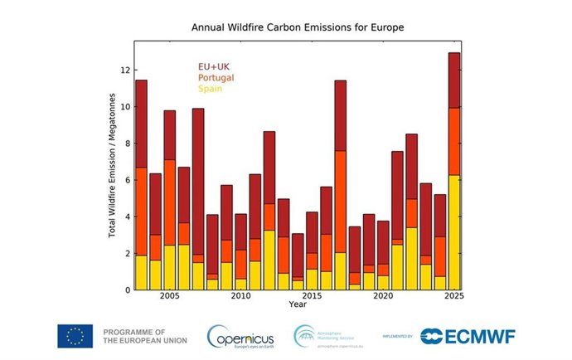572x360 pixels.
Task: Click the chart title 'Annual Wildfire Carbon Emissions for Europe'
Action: [x=298, y=27]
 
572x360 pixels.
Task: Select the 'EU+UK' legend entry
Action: [x=213, y=66]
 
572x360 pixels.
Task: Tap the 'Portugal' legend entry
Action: [x=216, y=77]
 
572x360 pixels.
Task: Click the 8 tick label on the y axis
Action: [x=127, y=144]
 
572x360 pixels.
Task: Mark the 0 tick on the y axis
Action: [x=127, y=290]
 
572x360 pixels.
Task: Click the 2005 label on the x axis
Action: [x=169, y=296]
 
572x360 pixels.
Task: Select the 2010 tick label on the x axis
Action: [x=240, y=296]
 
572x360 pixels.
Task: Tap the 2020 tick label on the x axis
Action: [x=383, y=296]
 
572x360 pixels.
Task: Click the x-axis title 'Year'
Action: [x=298, y=304]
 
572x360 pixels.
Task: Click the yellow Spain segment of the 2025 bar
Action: [x=454, y=232]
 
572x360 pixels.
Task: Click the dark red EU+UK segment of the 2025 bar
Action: [x=454, y=80]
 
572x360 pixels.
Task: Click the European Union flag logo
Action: [x=75, y=336]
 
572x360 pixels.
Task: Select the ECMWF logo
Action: [x=466, y=336]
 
